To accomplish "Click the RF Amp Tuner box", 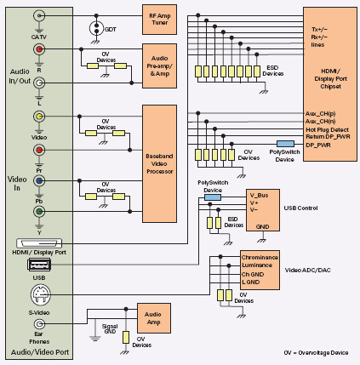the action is [159, 20].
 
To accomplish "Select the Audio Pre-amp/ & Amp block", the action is [159, 66].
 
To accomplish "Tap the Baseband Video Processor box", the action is [159, 163].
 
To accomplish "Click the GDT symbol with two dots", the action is [96, 28].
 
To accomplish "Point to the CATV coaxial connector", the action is [39, 15].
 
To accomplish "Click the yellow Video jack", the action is [39, 117].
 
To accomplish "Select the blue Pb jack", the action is [39, 180].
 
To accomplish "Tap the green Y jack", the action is [39, 211].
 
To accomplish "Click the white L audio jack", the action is [39, 83].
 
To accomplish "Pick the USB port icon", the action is [39, 265].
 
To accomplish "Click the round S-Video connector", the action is [41, 295].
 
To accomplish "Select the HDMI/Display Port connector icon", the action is [39, 243].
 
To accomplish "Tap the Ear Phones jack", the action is [39, 323].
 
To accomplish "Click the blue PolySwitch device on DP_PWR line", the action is [285, 144].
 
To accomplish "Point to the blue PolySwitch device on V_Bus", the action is [213, 197].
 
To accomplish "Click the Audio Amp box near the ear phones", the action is [154, 318].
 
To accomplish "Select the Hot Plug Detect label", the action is [327, 129].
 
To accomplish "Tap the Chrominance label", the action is [260, 257].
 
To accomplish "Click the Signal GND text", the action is [110, 328].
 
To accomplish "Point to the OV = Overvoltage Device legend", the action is [316, 352].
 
